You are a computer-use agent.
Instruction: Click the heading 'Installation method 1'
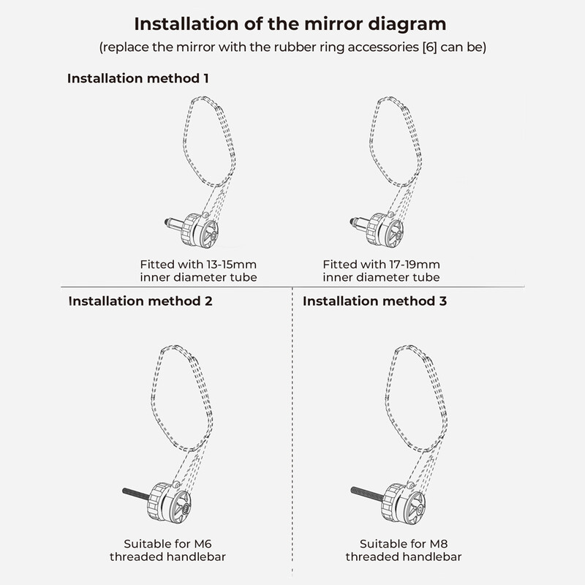click(137, 78)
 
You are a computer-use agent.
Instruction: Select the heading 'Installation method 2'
click(140, 301)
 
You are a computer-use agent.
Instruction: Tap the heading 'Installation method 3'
click(374, 301)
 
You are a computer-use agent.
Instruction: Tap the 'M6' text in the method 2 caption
click(203, 543)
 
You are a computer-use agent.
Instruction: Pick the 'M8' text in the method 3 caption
click(438, 543)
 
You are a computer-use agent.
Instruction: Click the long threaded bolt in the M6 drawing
click(137, 494)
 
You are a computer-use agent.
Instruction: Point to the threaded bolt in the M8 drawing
click(367, 493)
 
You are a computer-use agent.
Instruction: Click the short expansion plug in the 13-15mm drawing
click(173, 224)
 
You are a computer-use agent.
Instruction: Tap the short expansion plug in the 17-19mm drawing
click(358, 223)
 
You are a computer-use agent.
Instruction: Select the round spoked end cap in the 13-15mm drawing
click(207, 234)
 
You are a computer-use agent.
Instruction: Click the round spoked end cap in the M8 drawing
click(414, 508)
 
